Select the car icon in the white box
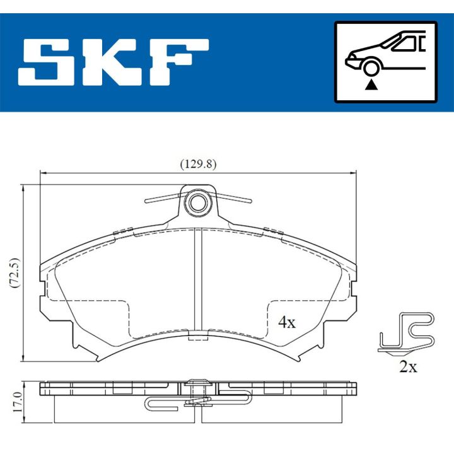click(385, 57)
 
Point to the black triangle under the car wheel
click(372, 83)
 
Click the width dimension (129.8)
click(199, 164)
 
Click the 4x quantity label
click(287, 322)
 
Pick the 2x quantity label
click(408, 367)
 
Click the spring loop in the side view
click(151, 403)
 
